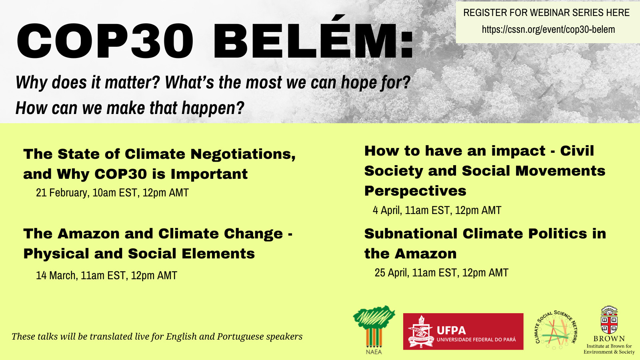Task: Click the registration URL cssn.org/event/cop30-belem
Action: click(548, 30)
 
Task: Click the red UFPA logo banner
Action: click(463, 332)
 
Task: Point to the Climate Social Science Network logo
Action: click(556, 330)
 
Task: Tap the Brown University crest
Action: click(609, 320)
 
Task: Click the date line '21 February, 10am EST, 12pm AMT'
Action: click(112, 193)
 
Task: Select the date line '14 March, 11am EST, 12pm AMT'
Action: click(106, 276)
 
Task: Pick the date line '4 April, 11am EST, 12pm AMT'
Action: click(437, 210)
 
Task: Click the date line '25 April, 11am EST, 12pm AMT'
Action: click(442, 273)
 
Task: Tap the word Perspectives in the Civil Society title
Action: click(415, 191)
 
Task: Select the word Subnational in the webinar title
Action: click(411, 234)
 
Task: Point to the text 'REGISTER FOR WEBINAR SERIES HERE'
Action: click(546, 13)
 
